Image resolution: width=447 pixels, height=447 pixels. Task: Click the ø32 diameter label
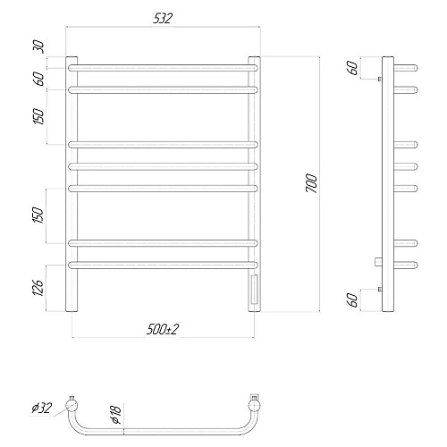pos(41,408)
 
